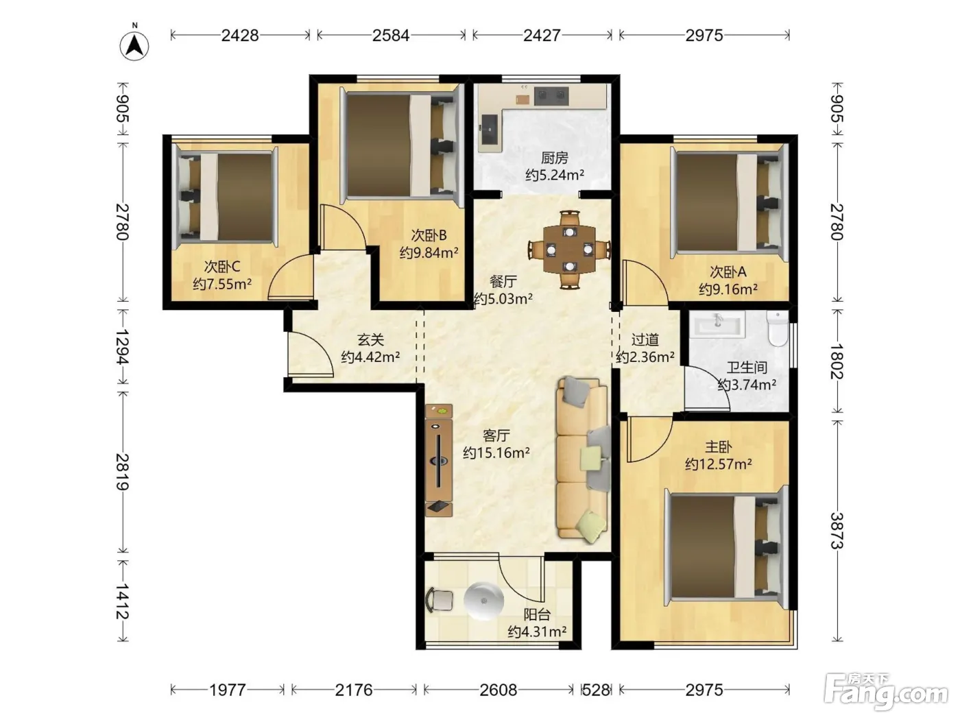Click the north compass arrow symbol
[134, 45]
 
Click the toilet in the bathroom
[777, 328]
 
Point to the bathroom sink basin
[717, 324]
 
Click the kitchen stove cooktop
[551, 96]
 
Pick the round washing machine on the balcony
[483, 601]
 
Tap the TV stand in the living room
[439, 460]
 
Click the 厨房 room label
[554, 158]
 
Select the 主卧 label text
[718, 447]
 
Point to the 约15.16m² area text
[496, 453]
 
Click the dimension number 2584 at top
[391, 36]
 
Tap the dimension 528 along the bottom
[596, 690]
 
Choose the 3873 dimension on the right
[837, 531]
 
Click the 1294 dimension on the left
[123, 347]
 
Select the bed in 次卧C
[226, 197]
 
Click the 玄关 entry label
[370, 339]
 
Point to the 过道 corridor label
[645, 339]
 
